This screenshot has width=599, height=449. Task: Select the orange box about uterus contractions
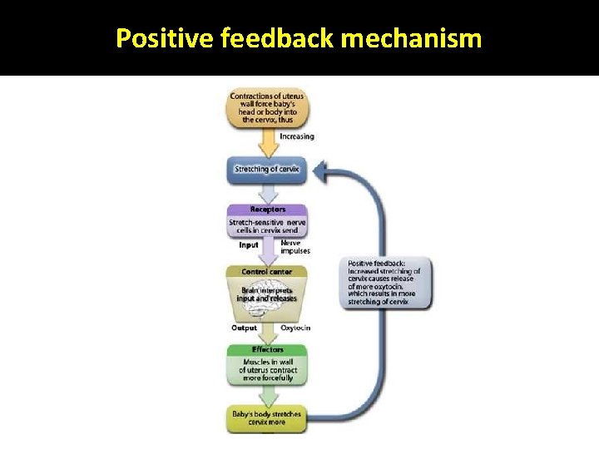(x=267, y=108)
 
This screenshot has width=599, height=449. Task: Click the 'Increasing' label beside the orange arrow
(x=297, y=136)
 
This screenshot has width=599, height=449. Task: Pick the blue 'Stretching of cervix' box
(x=267, y=170)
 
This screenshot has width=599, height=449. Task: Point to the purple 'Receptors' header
(x=267, y=210)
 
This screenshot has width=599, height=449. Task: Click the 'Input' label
(x=248, y=245)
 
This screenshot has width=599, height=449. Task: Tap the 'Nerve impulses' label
(x=295, y=247)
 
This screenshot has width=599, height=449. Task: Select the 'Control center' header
(x=267, y=272)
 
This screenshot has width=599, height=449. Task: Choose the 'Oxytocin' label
(x=295, y=328)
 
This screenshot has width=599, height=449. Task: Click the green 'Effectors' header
(x=267, y=350)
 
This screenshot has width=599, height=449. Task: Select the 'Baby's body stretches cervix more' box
(x=267, y=418)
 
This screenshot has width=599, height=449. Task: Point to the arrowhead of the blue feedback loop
(x=320, y=173)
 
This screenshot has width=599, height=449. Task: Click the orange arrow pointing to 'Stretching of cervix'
(x=268, y=143)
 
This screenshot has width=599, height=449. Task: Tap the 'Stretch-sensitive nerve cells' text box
(x=267, y=225)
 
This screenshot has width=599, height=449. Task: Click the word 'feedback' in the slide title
(x=273, y=38)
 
